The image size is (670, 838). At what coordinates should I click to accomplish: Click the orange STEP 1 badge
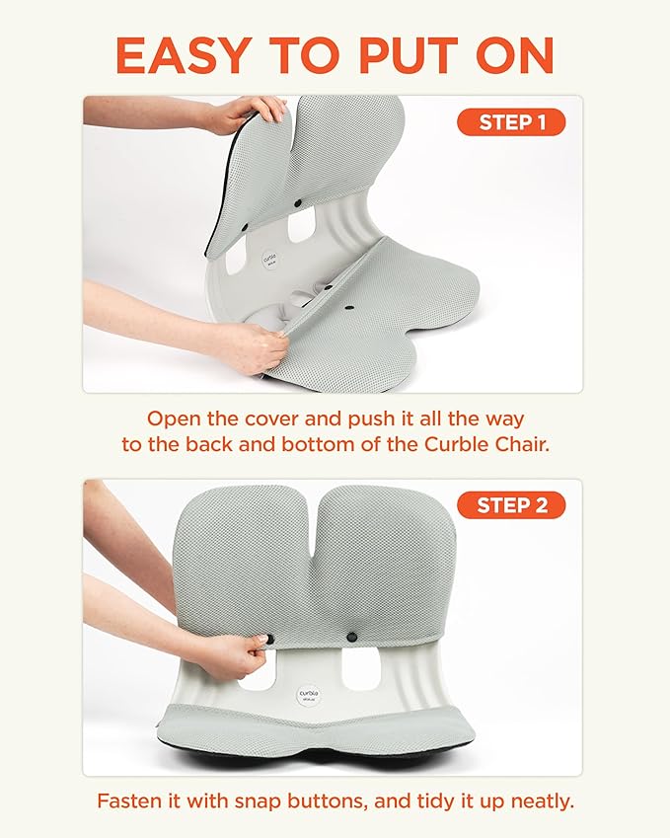click(x=510, y=122)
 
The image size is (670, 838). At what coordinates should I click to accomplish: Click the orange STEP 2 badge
click(x=510, y=505)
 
